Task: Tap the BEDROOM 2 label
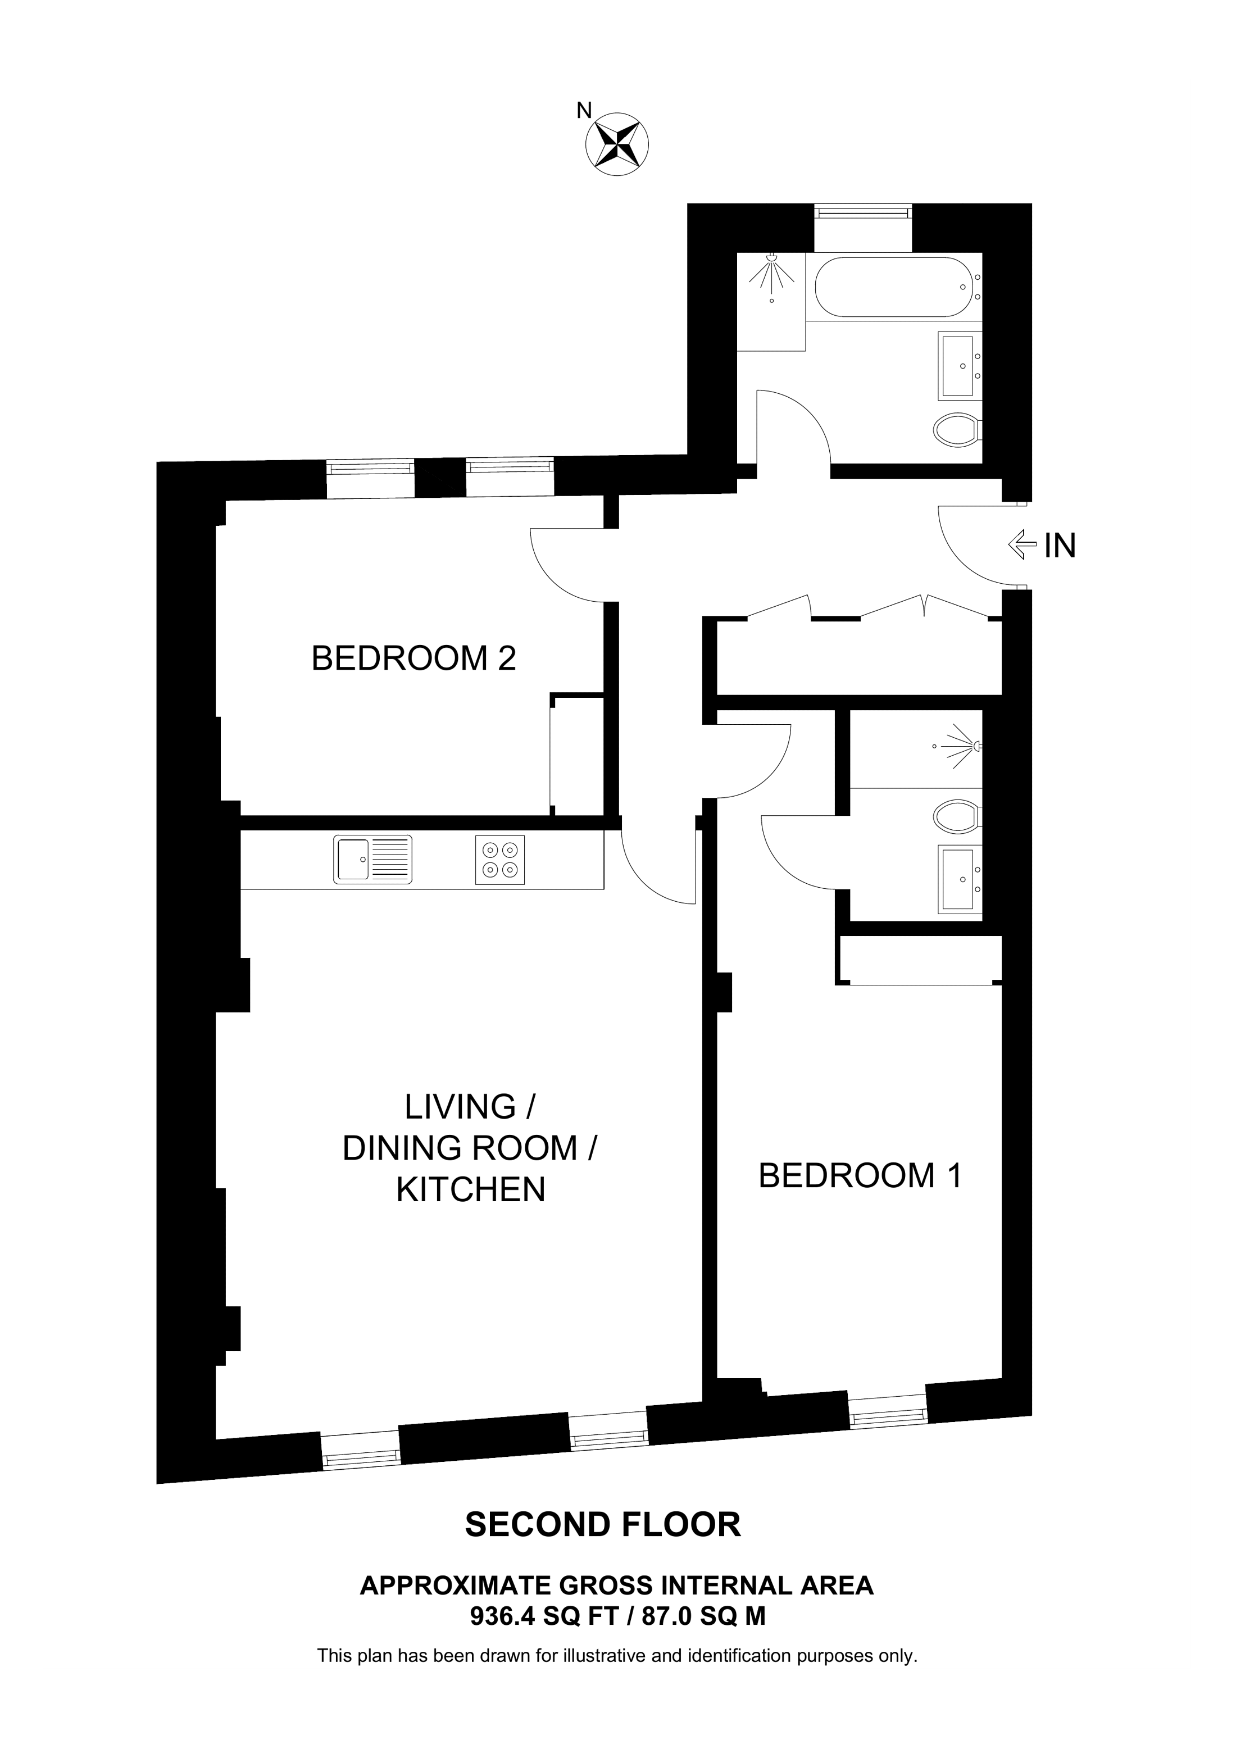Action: pyautogui.click(x=413, y=658)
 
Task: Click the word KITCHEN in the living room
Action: pyautogui.click(x=471, y=1190)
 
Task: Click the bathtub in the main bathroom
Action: pyautogui.click(x=893, y=287)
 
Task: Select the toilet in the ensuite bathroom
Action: pyautogui.click(x=957, y=816)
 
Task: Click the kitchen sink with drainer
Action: pyautogui.click(x=372, y=859)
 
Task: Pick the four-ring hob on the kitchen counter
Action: pyautogui.click(x=499, y=859)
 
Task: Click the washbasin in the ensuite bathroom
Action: pyautogui.click(x=959, y=878)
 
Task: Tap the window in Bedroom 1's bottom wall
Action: pyautogui.click(x=888, y=1408)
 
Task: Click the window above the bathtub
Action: pyautogui.click(x=863, y=212)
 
